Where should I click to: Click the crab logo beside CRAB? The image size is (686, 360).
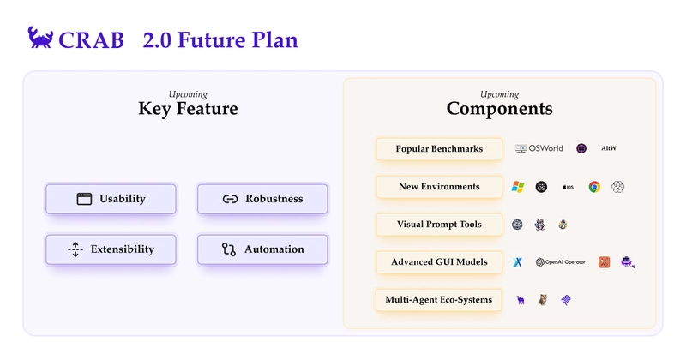(40, 37)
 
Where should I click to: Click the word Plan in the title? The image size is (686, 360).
(274, 40)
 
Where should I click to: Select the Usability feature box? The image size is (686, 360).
(111, 199)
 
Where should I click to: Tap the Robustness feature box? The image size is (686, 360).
(262, 199)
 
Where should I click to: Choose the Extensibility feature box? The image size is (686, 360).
(111, 249)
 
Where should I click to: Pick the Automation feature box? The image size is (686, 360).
(262, 249)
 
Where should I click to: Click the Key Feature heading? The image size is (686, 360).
(188, 109)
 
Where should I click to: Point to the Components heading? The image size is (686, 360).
(500, 109)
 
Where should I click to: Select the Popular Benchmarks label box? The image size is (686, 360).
(439, 149)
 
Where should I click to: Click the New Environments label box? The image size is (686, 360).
(439, 186)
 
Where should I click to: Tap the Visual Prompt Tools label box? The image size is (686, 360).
(439, 224)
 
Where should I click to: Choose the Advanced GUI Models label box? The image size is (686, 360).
(439, 261)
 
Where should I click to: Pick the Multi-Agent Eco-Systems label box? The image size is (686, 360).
(439, 300)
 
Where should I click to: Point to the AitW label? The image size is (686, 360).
(609, 148)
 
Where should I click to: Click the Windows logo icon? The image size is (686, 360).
(518, 187)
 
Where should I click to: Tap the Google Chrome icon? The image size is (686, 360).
(594, 187)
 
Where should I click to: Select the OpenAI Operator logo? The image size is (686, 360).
(561, 262)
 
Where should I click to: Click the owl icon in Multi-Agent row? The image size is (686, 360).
(543, 300)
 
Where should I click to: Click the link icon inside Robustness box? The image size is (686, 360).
(230, 199)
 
